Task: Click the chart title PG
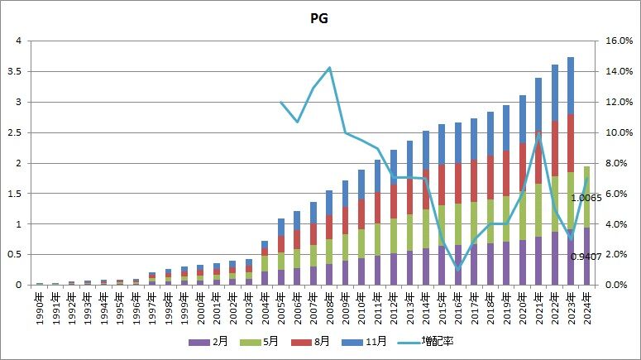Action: pos(319,18)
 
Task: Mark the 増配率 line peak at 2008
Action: pos(329,68)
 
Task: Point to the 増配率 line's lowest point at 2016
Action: pos(457,269)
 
